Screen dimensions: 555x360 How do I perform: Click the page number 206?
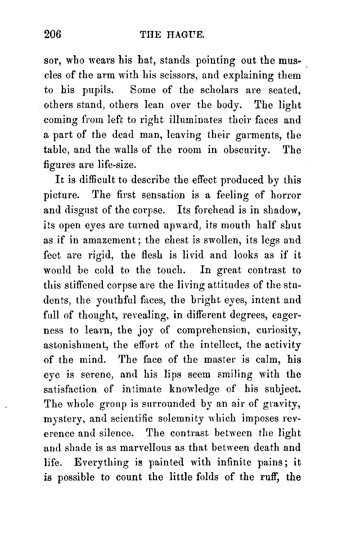pyautogui.click(x=53, y=34)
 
